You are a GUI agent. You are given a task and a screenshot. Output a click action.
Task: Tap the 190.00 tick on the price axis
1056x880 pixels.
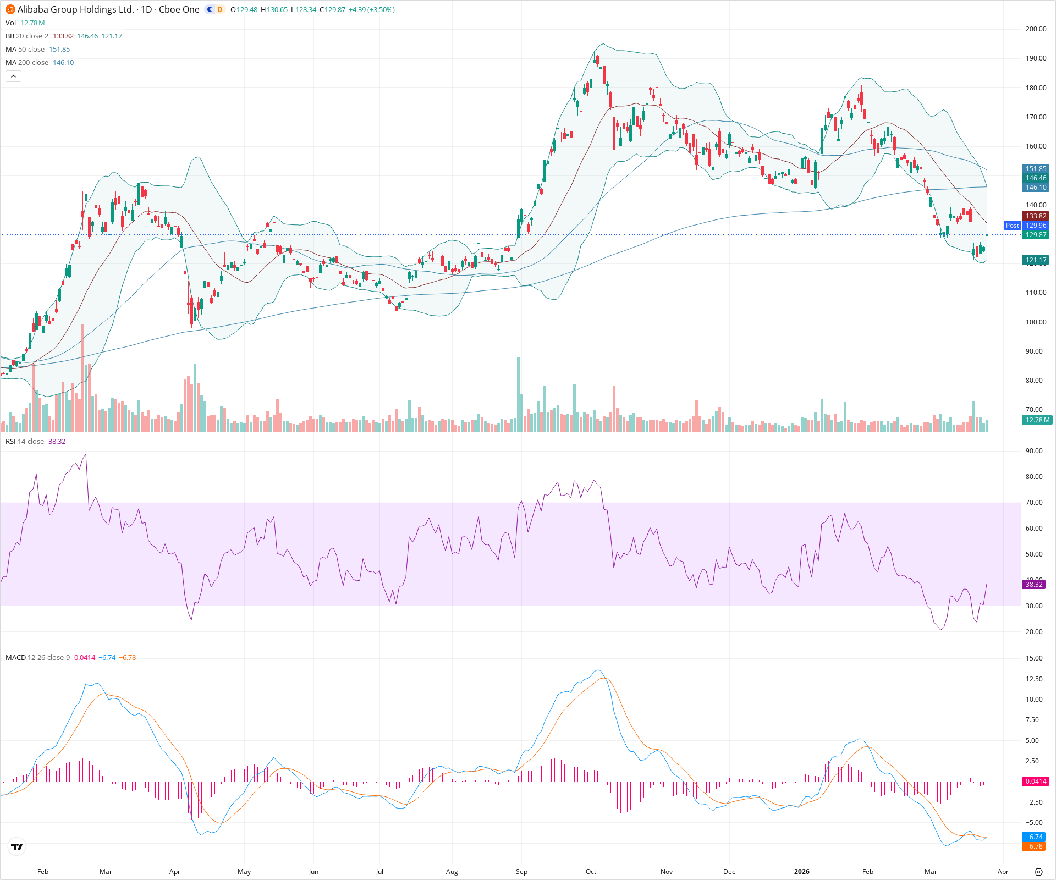(x=1036, y=58)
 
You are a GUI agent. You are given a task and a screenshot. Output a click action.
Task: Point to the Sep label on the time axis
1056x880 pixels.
(x=521, y=871)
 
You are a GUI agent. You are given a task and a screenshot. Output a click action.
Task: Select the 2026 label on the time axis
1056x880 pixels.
(x=801, y=871)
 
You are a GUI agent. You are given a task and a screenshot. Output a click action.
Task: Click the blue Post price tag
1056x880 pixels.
(x=1012, y=226)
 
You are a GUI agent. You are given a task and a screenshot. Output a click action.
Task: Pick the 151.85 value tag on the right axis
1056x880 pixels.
(x=1036, y=169)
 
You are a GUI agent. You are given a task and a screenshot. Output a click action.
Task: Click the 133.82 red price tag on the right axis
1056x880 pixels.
(x=1036, y=216)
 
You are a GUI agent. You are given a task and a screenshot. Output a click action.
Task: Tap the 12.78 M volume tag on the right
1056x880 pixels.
(x=1037, y=420)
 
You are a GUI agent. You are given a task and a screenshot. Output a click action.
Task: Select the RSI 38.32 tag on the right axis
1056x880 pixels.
(x=1034, y=584)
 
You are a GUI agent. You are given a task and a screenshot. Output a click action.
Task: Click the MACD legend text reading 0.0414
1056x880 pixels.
(x=85, y=657)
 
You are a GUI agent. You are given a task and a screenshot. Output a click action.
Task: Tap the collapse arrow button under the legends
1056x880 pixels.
(x=13, y=76)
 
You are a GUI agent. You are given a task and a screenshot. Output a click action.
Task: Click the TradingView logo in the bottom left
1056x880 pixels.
(x=17, y=846)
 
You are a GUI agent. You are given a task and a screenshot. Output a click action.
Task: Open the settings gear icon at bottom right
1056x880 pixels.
(x=1038, y=872)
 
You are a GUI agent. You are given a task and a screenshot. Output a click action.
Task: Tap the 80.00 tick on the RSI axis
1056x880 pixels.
(x=1034, y=477)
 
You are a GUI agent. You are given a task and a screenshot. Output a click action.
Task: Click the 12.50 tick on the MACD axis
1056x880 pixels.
(x=1034, y=679)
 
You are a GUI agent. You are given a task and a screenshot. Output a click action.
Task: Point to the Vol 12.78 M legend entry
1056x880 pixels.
(x=25, y=23)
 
